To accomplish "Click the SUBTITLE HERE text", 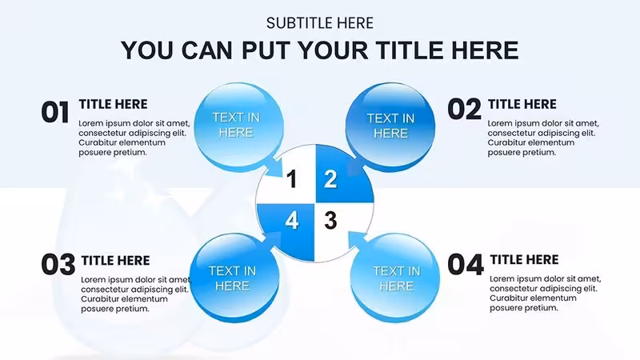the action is tap(319, 23).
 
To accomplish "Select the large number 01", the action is tap(55, 112).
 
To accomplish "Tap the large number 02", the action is tap(465, 110).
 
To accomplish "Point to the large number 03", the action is tap(58, 265).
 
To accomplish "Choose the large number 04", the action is tap(466, 265).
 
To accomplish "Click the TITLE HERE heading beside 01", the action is tap(113, 105).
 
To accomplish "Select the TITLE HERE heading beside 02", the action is tap(522, 105).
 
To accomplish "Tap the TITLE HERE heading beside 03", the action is tap(115, 261).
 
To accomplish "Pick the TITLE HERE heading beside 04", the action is tap(524, 260).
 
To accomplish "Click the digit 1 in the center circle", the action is tap(291, 179).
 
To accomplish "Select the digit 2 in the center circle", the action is tap(330, 179).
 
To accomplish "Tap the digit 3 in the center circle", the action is tap(330, 221).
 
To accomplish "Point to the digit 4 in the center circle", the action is tap(291, 221).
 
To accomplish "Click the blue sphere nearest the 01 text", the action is tap(238, 127).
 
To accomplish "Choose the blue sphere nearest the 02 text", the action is tap(390, 127).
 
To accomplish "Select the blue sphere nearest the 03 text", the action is tap(234, 278).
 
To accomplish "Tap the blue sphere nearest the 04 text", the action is tap(394, 278).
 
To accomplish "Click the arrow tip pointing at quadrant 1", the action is tap(282, 176).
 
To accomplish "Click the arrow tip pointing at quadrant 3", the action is tap(349, 232).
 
